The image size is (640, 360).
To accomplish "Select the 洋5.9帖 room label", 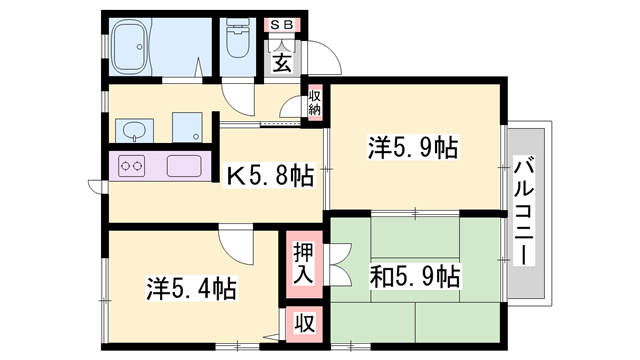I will pos(413,149).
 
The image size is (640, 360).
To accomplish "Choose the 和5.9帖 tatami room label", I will pos(413,275).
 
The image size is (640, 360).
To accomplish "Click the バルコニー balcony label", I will pos(523,210).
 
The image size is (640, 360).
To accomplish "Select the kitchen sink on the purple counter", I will pos(182,167).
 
